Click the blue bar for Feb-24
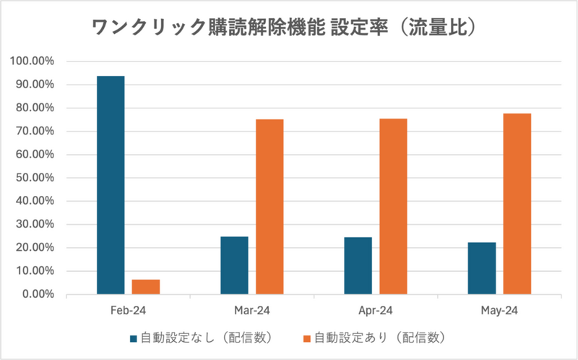(111, 185)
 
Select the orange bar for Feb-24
(146, 287)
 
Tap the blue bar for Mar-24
(234, 265)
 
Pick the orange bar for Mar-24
(269, 207)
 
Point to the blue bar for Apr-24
(358, 265)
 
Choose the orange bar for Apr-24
(393, 206)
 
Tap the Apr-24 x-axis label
(376, 310)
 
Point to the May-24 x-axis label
(499, 310)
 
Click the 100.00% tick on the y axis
(33, 61)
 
